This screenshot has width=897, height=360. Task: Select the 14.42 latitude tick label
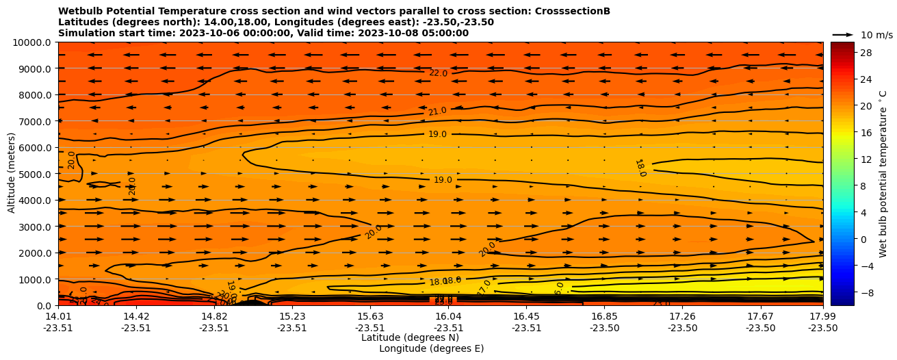(x=136, y=316)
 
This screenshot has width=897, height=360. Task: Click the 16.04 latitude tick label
(x=449, y=316)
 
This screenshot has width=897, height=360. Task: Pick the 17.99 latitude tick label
(x=822, y=316)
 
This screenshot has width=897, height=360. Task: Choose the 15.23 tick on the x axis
(x=292, y=316)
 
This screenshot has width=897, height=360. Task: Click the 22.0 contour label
(x=439, y=73)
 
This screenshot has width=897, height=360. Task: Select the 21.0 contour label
(x=437, y=112)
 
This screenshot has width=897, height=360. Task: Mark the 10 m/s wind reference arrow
(x=843, y=35)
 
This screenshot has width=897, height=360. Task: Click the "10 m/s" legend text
(x=876, y=35)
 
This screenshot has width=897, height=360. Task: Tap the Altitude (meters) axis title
(x=12, y=173)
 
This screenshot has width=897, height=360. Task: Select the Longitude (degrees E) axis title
(x=431, y=348)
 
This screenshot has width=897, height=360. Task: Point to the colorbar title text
(x=883, y=173)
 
